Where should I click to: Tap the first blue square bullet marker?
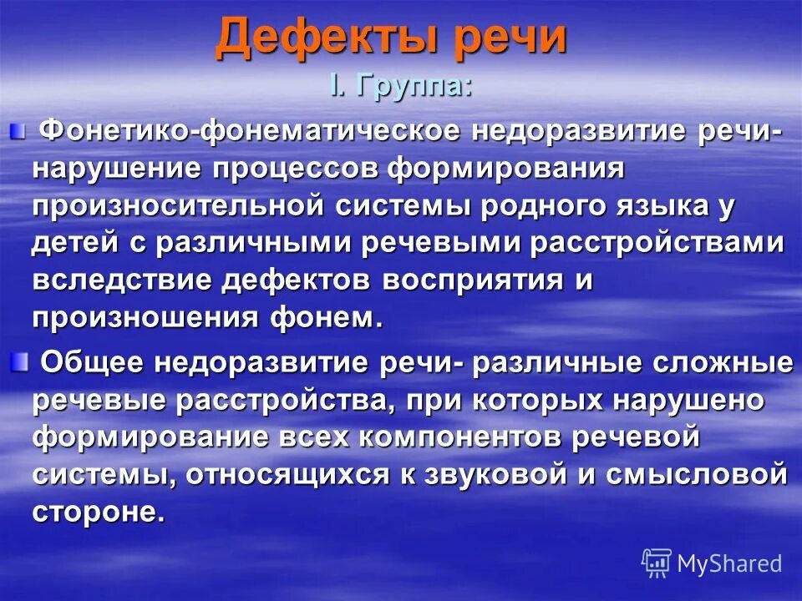pyautogui.click(x=17, y=129)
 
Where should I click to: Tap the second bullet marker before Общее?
pyautogui.click(x=18, y=361)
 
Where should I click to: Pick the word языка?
pyautogui.click(x=667, y=206)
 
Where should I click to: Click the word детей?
pyautogui.click(x=74, y=245)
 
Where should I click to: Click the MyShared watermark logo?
pyautogui.click(x=712, y=562)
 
